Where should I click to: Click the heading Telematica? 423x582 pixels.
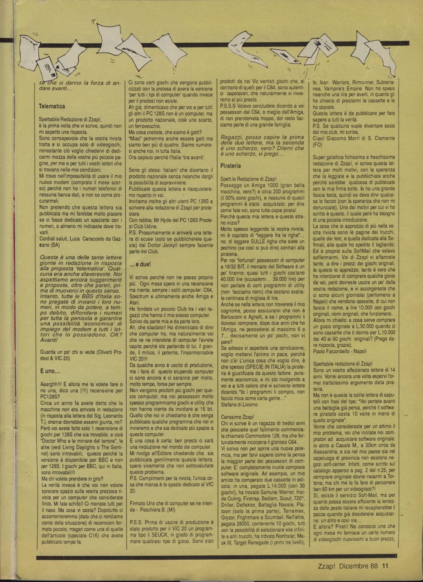(x=52, y=106)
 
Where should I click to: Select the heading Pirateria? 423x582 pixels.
(x=231, y=166)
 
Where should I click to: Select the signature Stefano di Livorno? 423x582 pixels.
(x=240, y=404)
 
